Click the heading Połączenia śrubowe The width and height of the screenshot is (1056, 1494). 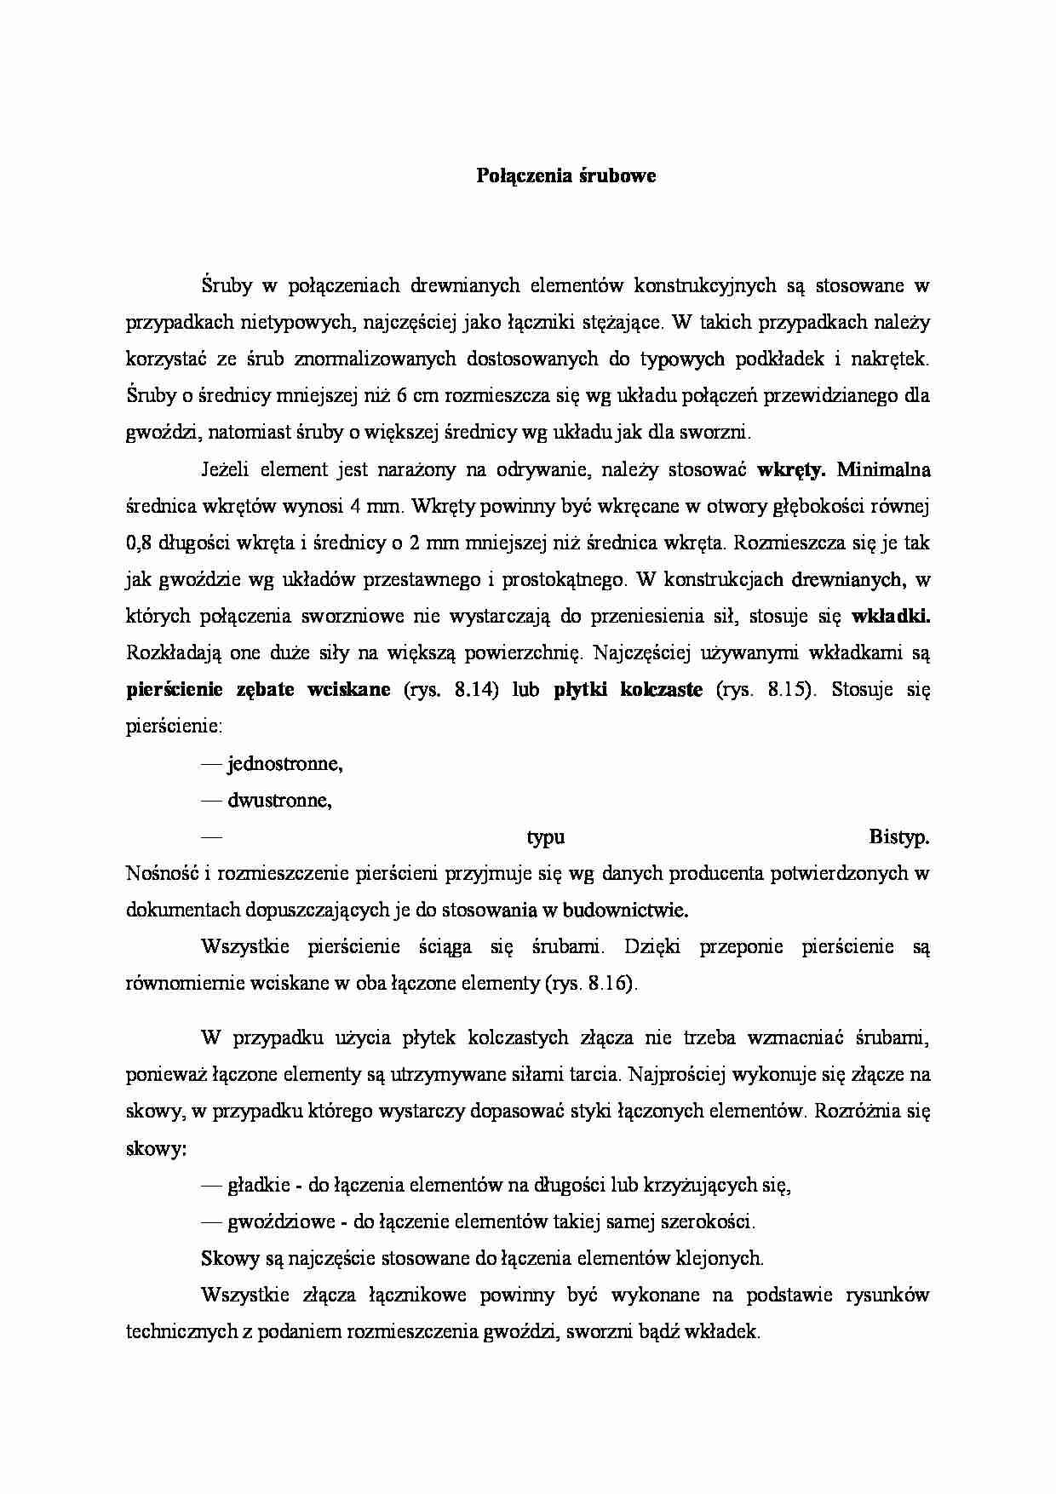click(x=565, y=176)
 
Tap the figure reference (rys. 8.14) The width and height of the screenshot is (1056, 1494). click(x=450, y=689)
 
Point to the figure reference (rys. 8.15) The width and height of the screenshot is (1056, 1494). click(x=767, y=689)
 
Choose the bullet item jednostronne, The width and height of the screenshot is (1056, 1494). click(x=284, y=763)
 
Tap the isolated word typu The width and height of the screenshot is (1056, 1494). click(x=546, y=837)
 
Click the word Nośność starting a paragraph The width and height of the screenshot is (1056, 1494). click(x=159, y=873)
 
